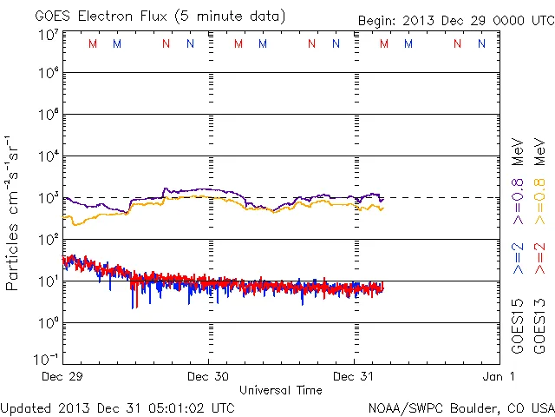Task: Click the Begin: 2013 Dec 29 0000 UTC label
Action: click(x=455, y=21)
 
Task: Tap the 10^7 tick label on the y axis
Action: click(x=47, y=34)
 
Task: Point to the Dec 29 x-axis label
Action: click(x=64, y=376)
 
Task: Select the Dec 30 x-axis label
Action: click(x=209, y=376)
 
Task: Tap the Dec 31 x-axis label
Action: click(x=355, y=376)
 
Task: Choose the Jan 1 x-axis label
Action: click(x=500, y=376)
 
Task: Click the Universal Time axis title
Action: click(x=281, y=390)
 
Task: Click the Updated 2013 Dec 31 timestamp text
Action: click(x=117, y=407)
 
